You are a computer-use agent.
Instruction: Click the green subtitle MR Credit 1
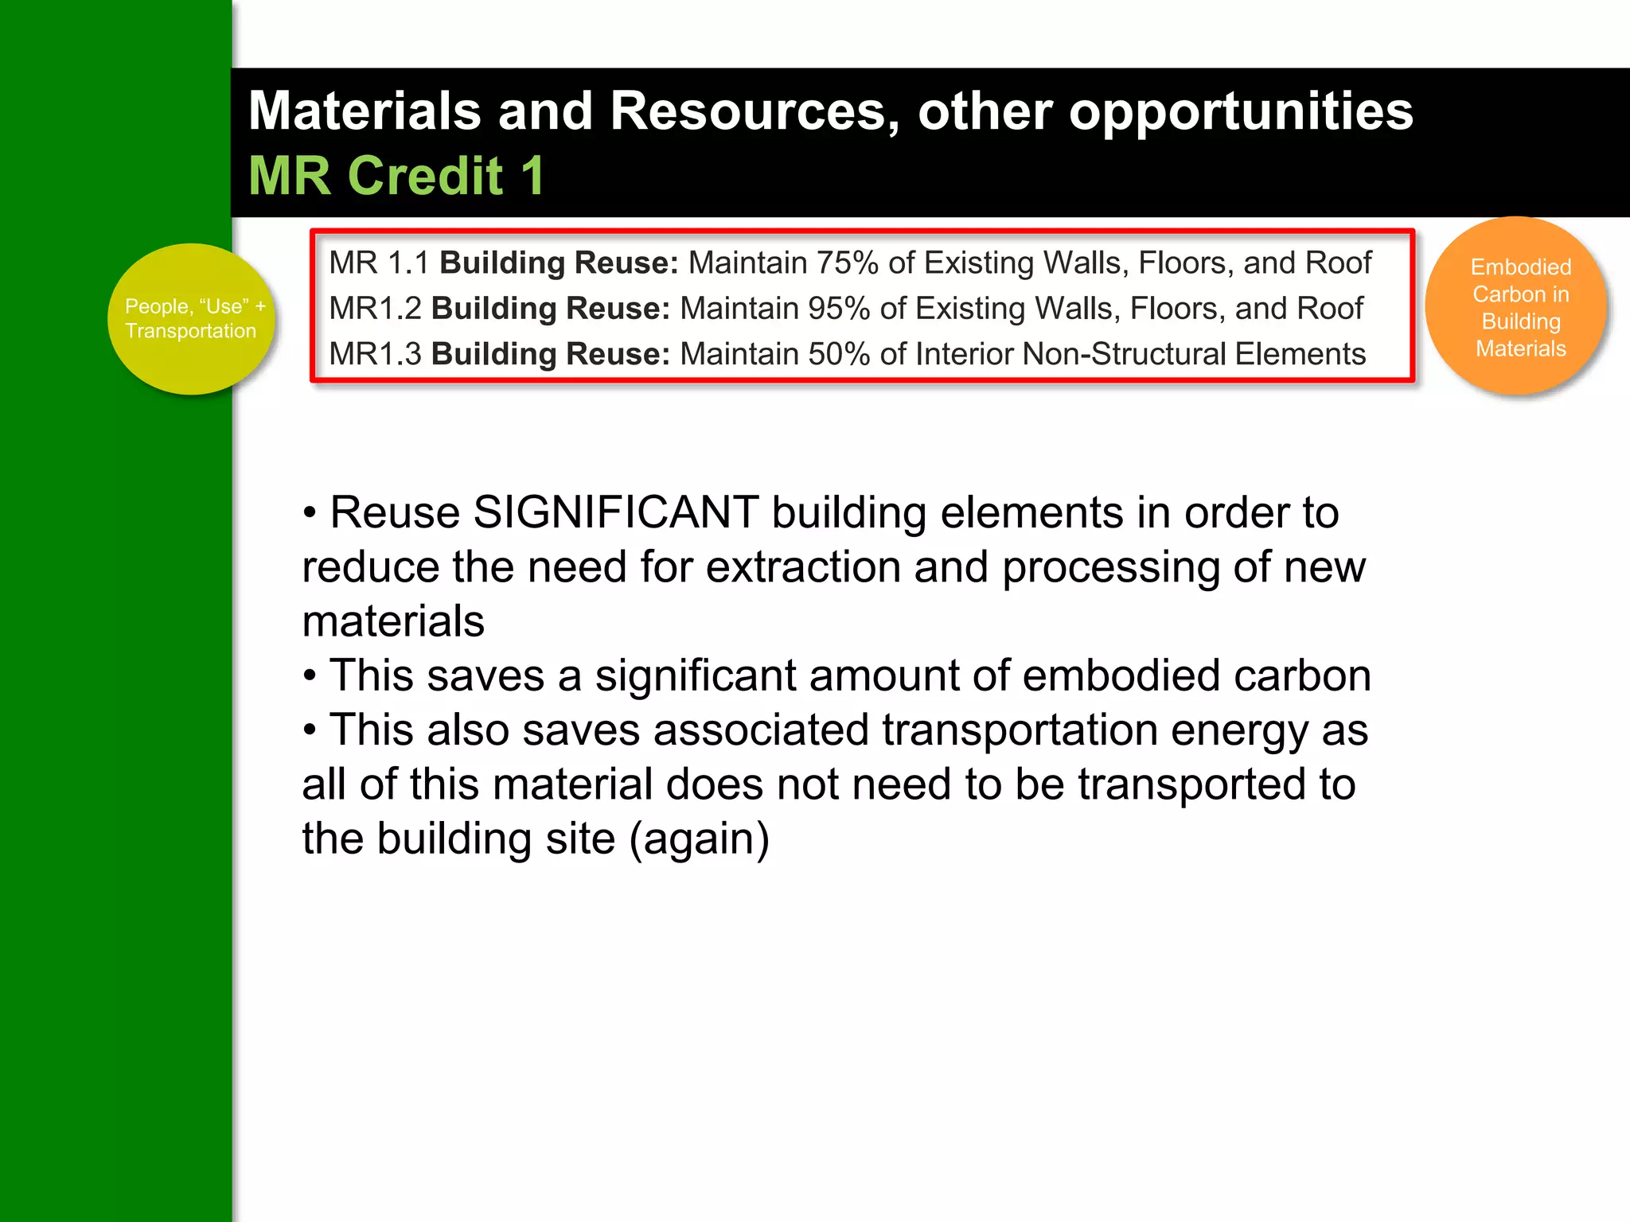click(396, 176)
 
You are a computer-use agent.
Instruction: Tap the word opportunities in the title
click(1241, 111)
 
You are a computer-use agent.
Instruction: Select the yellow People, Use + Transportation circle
click(191, 319)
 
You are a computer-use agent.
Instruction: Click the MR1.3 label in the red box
click(375, 354)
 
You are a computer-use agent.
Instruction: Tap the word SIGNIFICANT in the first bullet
click(615, 512)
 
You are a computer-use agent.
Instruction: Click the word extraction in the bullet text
click(802, 567)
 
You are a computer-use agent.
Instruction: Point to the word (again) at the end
click(699, 839)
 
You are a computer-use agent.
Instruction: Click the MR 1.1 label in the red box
click(379, 263)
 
